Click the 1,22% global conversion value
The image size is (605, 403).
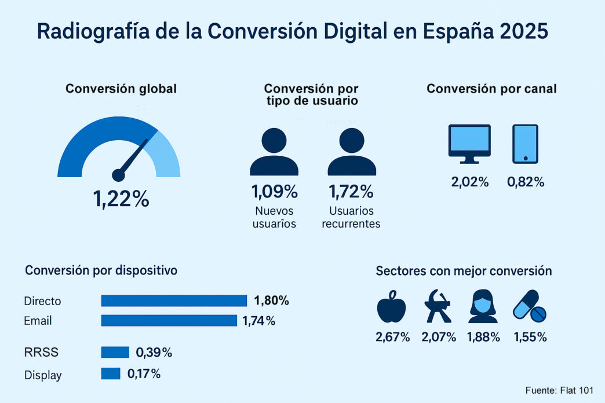(121, 199)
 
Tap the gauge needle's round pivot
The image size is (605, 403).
(118, 175)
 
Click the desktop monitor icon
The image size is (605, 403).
(469, 142)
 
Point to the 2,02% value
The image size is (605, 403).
(470, 182)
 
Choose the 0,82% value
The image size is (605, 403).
(526, 182)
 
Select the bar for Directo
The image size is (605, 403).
(174, 301)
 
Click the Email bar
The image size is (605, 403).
(169, 320)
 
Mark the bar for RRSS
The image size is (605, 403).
(115, 352)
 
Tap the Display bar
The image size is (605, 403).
(110, 373)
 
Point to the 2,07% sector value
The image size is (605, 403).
(439, 337)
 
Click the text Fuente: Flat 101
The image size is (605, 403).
(559, 390)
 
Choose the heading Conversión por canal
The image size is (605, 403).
(491, 89)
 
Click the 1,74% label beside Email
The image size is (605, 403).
(258, 320)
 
